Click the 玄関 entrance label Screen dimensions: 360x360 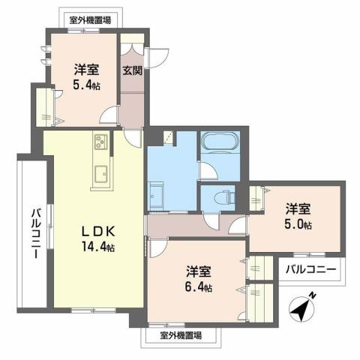click(x=133, y=71)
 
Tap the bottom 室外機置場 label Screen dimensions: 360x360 click(x=181, y=335)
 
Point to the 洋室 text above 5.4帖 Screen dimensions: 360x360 click(x=86, y=70)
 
